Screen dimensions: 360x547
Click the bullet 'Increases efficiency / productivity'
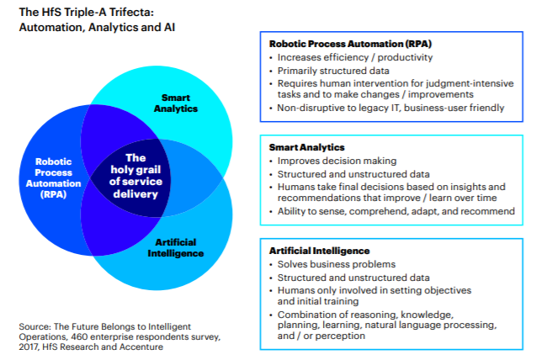(x=354, y=58)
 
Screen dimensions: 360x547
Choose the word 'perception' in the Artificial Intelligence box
(x=341, y=336)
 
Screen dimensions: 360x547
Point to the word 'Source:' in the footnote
(x=35, y=326)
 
